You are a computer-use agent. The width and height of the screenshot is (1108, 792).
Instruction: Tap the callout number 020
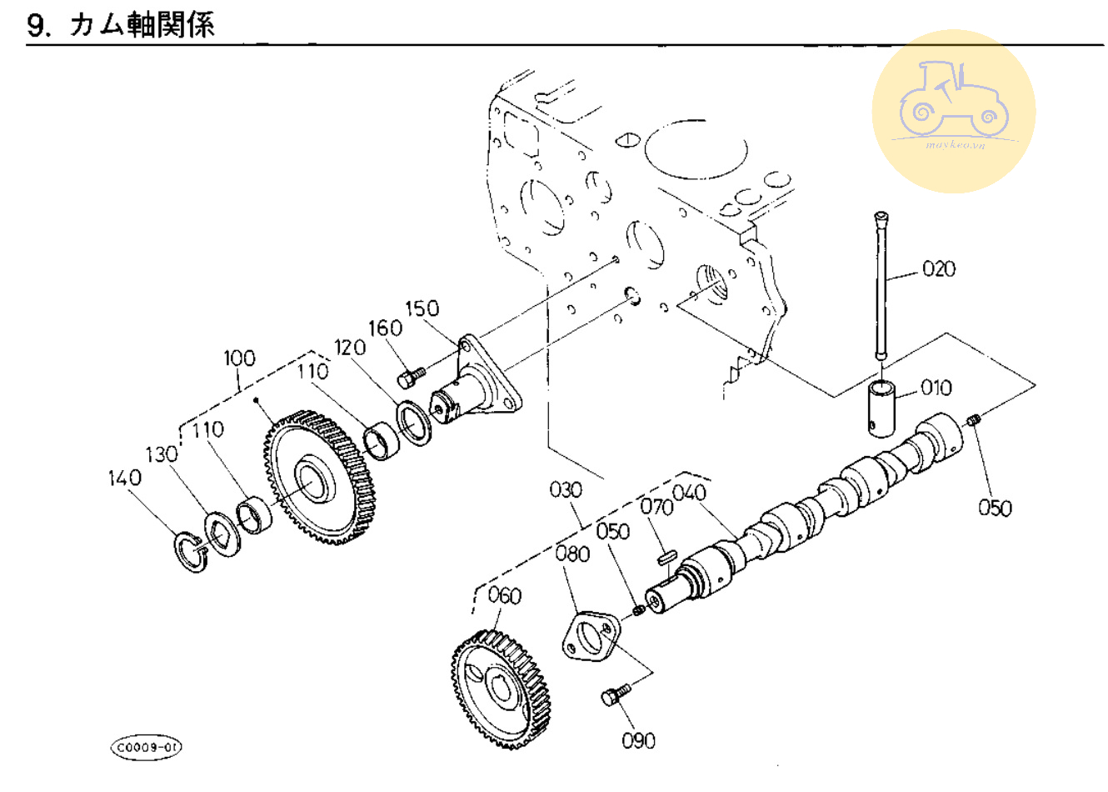pos(938,268)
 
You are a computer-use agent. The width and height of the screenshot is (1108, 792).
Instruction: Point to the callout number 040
pos(689,493)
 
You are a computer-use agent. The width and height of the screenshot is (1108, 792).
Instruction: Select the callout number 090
pos(639,740)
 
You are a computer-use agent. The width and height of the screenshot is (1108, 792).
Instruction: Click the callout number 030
pos(566,489)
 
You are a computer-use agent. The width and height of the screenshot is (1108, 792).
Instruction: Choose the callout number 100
pos(239,358)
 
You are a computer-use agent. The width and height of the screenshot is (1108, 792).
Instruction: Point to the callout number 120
pos(351,347)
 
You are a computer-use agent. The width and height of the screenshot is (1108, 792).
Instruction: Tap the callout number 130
pos(162,454)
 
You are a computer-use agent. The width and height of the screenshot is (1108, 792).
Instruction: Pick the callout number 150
pos(422,308)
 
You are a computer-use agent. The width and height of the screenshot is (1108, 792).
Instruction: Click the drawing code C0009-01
pos(146,747)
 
